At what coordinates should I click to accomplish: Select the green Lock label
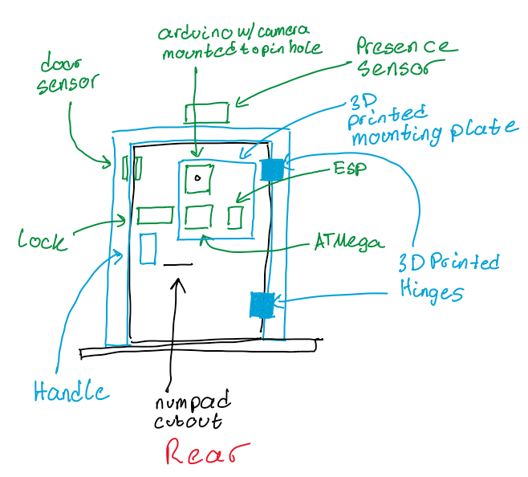(x=43, y=239)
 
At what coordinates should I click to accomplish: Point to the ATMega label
(x=348, y=243)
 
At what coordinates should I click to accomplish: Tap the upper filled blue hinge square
(x=272, y=169)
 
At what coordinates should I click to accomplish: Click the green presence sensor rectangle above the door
(x=207, y=112)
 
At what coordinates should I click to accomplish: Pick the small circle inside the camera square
(x=197, y=178)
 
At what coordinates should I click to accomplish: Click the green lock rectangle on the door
(x=155, y=215)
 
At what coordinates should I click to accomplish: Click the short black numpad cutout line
(x=178, y=264)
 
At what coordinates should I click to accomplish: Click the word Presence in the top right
(x=406, y=48)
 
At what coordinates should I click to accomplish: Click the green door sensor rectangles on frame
(x=132, y=169)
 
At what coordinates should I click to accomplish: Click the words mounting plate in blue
(x=434, y=132)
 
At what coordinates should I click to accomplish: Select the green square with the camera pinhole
(x=197, y=178)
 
